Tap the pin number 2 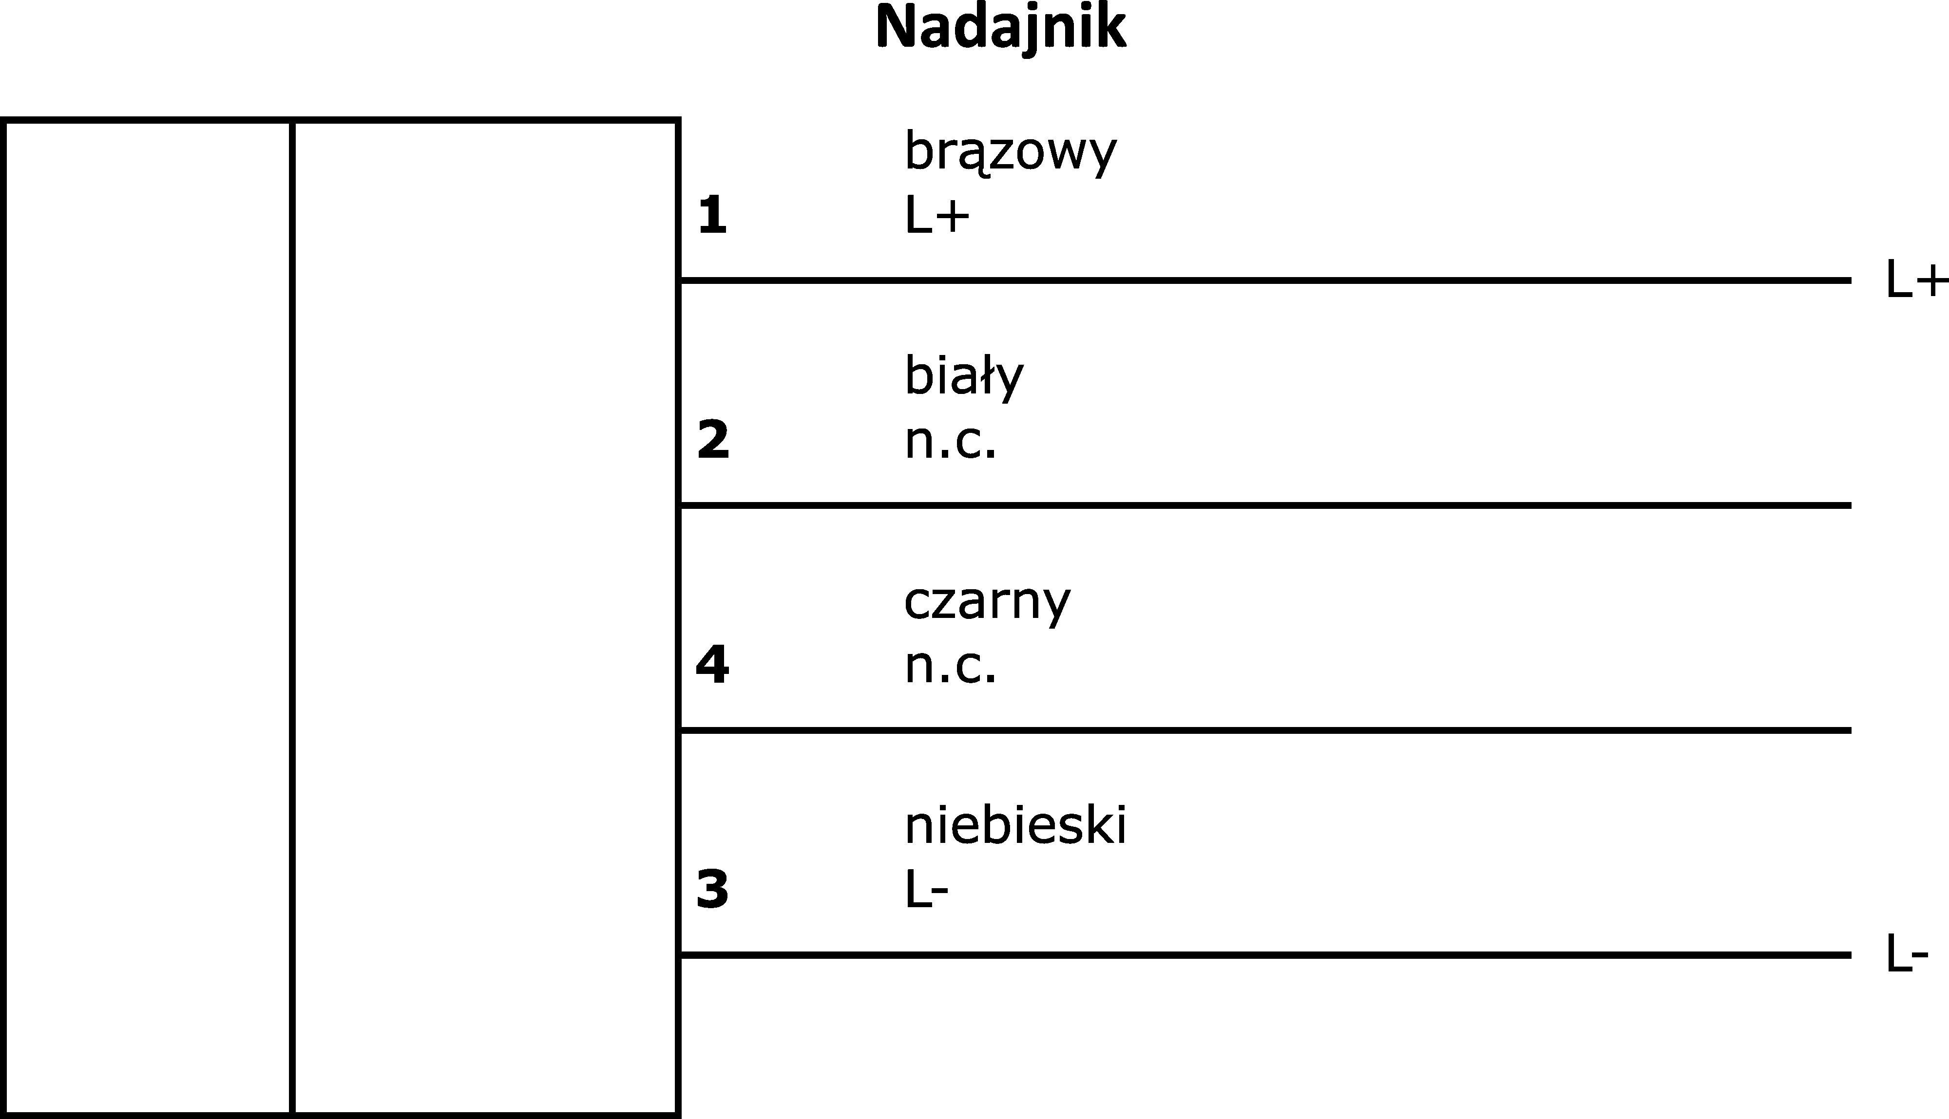point(713,440)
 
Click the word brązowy point(1010,152)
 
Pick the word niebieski point(1015,825)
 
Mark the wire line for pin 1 point(1265,280)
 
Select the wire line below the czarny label point(1265,730)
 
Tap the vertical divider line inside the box point(292,617)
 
